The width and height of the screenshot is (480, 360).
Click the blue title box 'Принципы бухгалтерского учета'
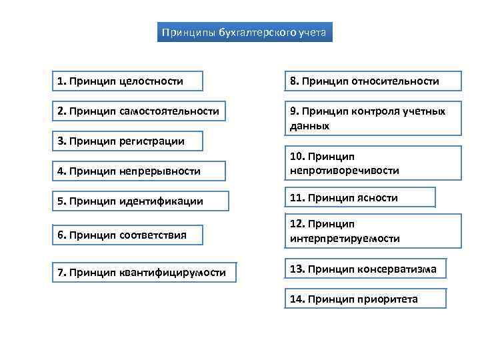click(245, 32)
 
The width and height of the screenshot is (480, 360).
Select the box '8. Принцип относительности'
click(373, 81)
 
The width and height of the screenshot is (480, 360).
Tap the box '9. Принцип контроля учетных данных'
click(373, 118)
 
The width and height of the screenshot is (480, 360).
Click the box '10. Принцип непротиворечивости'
click(373, 163)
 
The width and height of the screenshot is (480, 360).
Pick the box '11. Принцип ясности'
click(360, 197)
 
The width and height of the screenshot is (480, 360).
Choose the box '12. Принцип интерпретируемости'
click(373, 231)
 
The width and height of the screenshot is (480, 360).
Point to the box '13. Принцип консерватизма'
click(365, 269)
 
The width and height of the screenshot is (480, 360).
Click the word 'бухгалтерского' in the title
click(255, 32)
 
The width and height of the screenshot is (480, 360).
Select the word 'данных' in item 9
click(309, 125)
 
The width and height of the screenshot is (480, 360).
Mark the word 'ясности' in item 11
click(379, 197)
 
